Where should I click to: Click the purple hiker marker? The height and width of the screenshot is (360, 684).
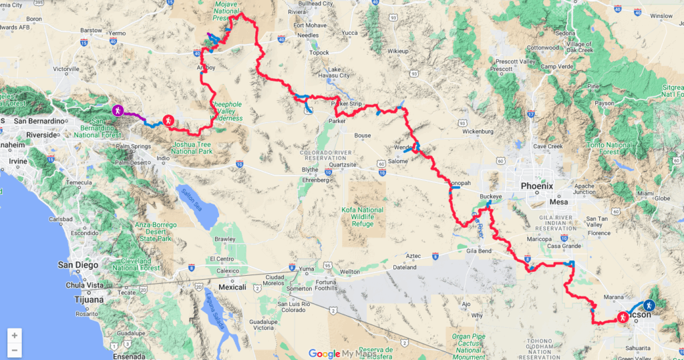coord(117,110)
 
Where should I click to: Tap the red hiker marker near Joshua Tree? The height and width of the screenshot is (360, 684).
coord(168,120)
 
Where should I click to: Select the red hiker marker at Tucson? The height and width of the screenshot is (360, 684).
coord(623,318)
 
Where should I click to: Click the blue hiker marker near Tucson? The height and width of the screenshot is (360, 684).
coord(651,305)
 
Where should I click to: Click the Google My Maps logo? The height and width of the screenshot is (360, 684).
coord(342,353)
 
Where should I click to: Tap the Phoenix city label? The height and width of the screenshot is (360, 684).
coord(537,186)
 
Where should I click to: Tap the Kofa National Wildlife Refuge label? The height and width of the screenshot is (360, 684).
coord(365,218)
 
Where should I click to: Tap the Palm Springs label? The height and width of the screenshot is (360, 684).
coord(131,146)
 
